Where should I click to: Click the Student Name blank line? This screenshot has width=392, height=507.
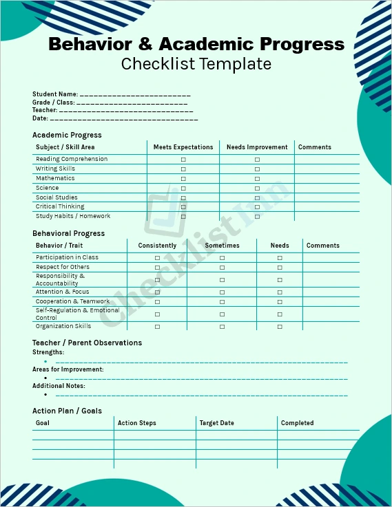point(135,94)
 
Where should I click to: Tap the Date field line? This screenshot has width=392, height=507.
point(124,119)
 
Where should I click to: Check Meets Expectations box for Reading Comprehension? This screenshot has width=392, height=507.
point(183,160)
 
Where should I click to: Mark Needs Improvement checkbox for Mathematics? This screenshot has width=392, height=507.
point(257,178)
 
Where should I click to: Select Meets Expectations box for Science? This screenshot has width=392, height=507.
point(183,188)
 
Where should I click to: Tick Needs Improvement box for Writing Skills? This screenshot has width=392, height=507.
point(257,169)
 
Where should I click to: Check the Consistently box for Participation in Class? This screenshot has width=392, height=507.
point(157,258)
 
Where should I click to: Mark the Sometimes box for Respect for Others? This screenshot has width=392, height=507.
point(222,267)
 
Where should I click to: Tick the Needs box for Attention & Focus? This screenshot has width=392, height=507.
point(280,292)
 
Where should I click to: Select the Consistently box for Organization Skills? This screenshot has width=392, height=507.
point(157,327)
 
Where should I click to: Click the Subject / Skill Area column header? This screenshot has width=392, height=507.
point(65,147)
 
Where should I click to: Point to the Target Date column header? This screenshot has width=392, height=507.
point(216,423)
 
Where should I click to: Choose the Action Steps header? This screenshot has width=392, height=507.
point(137,423)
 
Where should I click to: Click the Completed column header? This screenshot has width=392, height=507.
point(297,423)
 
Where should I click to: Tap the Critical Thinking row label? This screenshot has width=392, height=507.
point(60,206)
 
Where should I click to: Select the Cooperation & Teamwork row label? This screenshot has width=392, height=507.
point(72,301)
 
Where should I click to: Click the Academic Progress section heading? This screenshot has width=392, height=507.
point(67,135)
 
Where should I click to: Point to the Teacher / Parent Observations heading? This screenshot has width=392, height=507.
point(87,343)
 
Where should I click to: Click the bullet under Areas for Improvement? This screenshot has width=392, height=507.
point(45,378)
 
